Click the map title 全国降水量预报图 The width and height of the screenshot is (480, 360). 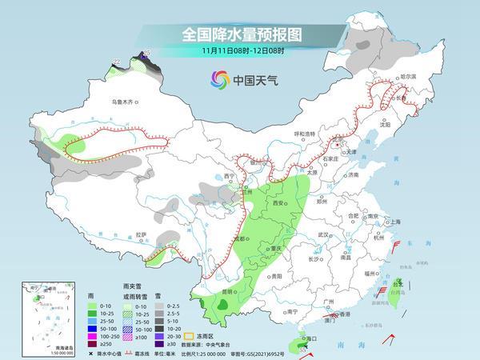click(239, 34)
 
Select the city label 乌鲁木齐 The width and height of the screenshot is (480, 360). click(124, 102)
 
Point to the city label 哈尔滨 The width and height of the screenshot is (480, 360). click(408, 76)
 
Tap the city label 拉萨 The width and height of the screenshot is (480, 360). click(142, 234)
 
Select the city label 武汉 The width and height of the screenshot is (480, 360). click(323, 234)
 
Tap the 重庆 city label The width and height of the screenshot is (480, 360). click(276, 249)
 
